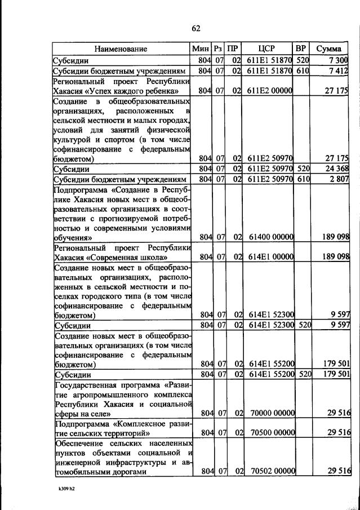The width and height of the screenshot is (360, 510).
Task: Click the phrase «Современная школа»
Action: point(115,258)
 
